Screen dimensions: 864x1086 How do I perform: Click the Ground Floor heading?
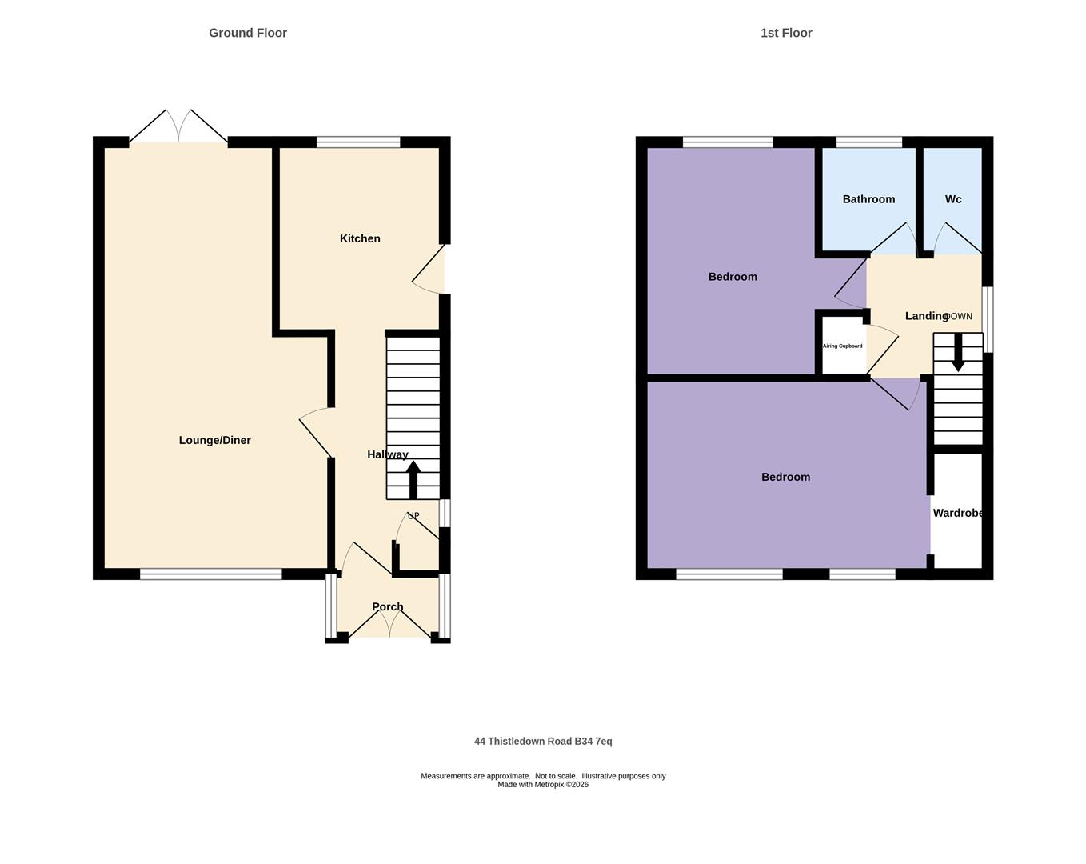pyautogui.click(x=248, y=33)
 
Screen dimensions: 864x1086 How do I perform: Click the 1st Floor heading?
pyautogui.click(x=786, y=33)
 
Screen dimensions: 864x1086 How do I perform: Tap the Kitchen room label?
pyautogui.click(x=360, y=238)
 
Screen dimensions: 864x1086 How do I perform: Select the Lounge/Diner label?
pyautogui.click(x=214, y=440)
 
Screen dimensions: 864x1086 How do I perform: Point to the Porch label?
pyautogui.click(x=388, y=606)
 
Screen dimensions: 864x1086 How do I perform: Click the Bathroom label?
pyautogui.click(x=868, y=199)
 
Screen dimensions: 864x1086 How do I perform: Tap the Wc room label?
pyautogui.click(x=953, y=199)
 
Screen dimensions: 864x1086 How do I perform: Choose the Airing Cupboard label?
pyautogui.click(x=843, y=346)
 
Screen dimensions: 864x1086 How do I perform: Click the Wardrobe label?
pyautogui.click(x=958, y=513)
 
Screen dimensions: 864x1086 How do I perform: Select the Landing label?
pyautogui.click(x=926, y=316)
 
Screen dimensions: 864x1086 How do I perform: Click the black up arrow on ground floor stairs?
pyautogui.click(x=413, y=479)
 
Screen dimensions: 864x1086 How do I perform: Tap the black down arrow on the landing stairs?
pyautogui.click(x=958, y=353)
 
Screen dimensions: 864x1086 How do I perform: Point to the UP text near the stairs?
pyautogui.click(x=413, y=516)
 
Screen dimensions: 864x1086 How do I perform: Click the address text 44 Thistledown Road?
pyautogui.click(x=543, y=742)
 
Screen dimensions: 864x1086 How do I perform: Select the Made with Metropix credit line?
pyautogui.click(x=543, y=785)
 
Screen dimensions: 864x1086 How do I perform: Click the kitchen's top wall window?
pyautogui.click(x=358, y=142)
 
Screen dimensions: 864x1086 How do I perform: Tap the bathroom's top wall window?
pyautogui.click(x=869, y=142)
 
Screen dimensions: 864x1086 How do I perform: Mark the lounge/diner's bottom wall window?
pyautogui.click(x=211, y=574)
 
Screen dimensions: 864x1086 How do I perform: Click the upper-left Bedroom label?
pyautogui.click(x=733, y=277)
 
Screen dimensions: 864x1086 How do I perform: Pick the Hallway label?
pyautogui.click(x=388, y=454)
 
